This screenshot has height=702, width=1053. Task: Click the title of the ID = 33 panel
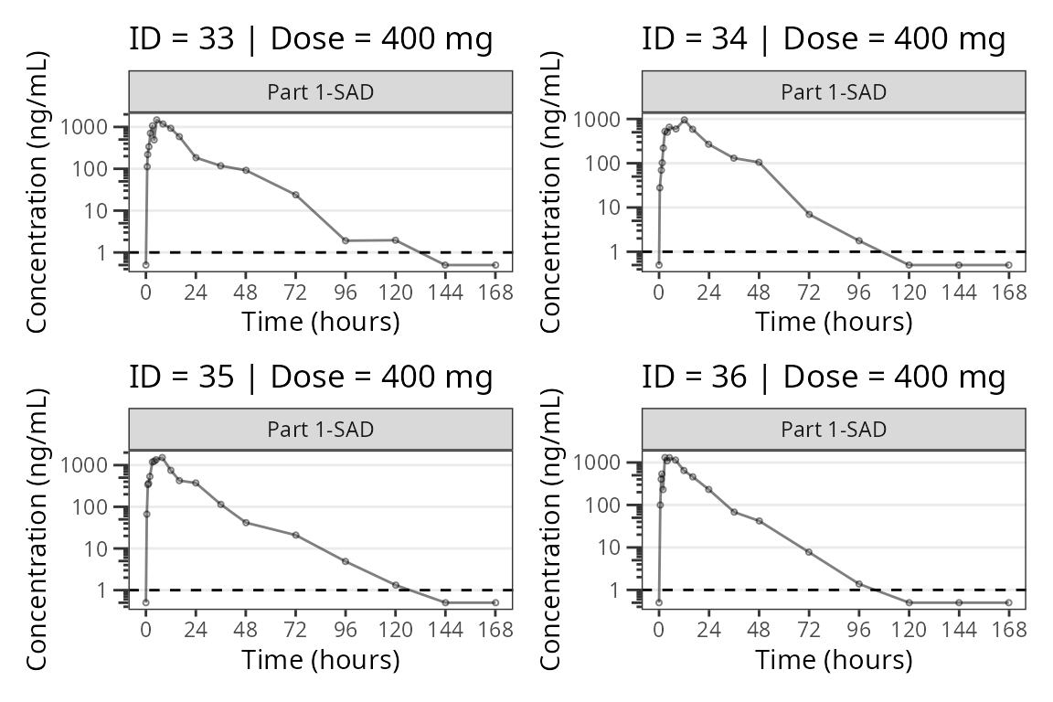pyautogui.click(x=311, y=39)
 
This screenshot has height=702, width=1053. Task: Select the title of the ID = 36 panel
pyautogui.click(x=824, y=377)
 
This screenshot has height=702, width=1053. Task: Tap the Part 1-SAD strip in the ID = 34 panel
pyautogui.click(x=834, y=92)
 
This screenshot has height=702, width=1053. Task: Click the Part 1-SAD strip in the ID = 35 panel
pyautogui.click(x=320, y=430)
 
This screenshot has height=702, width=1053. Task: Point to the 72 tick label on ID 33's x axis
pyautogui.click(x=295, y=292)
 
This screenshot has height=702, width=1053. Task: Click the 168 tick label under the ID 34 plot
pyautogui.click(x=1008, y=292)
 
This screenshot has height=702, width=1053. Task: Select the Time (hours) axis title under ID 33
pyautogui.click(x=320, y=322)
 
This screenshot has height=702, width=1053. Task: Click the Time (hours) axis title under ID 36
pyautogui.click(x=834, y=659)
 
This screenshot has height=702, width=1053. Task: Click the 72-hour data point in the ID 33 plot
pyautogui.click(x=295, y=195)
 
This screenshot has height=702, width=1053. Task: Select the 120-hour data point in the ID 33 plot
pyautogui.click(x=395, y=239)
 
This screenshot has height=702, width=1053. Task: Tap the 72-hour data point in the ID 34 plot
pyautogui.click(x=809, y=214)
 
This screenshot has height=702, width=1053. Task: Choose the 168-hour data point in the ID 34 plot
pyautogui.click(x=1008, y=265)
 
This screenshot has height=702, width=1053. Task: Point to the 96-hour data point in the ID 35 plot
pyautogui.click(x=346, y=561)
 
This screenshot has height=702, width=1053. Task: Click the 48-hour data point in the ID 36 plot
pyautogui.click(x=759, y=521)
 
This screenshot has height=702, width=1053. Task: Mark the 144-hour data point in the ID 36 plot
pyautogui.click(x=959, y=602)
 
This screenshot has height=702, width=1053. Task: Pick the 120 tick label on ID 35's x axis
pyautogui.click(x=395, y=630)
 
